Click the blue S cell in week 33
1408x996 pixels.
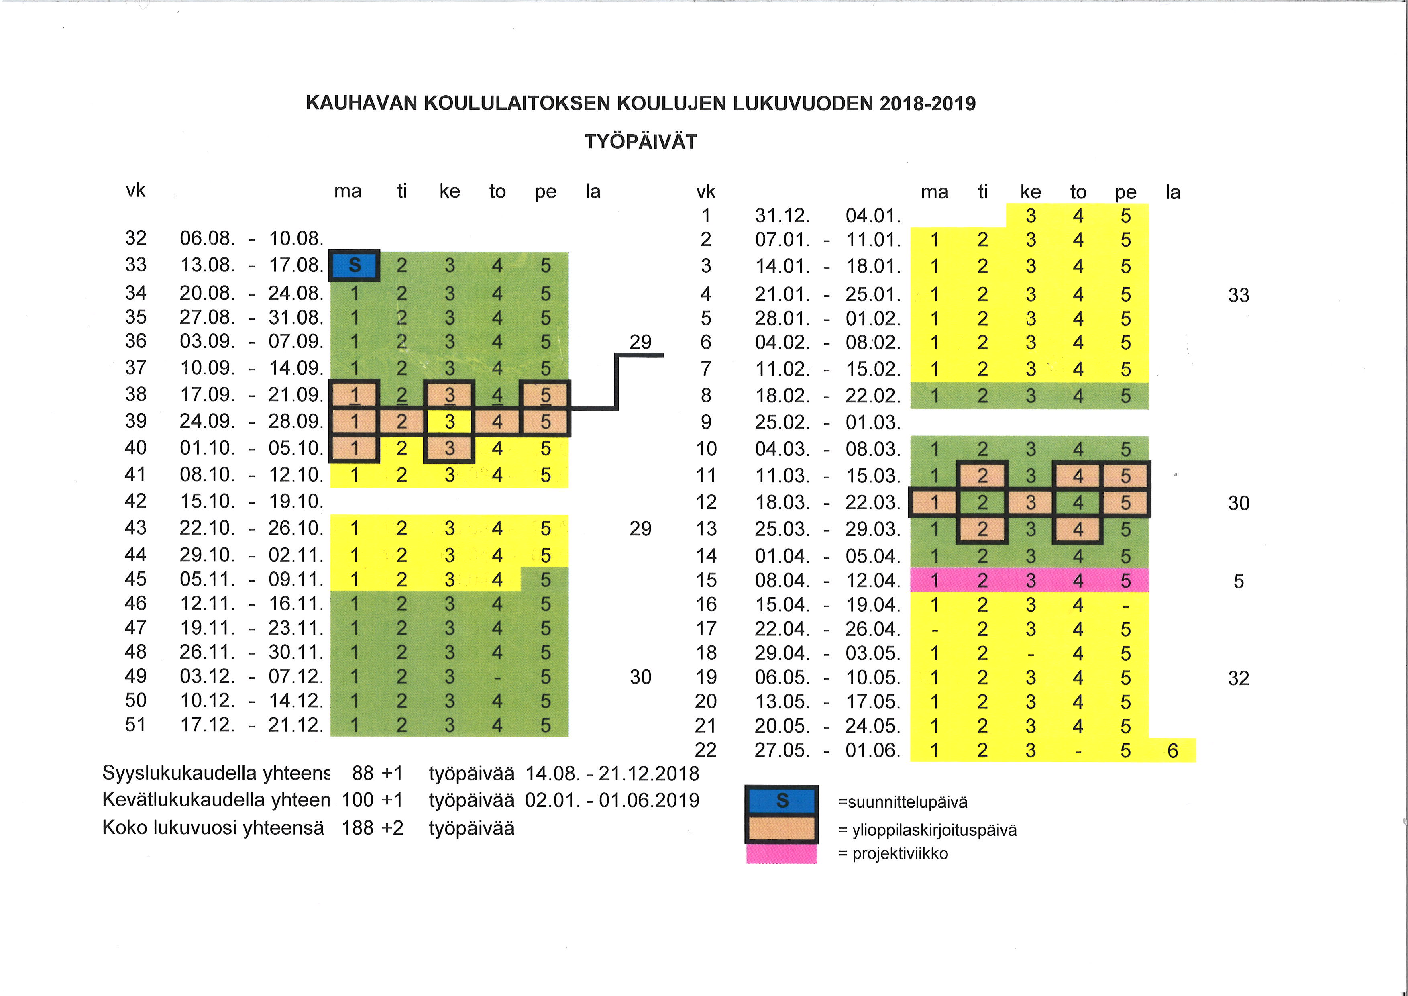pos(355,265)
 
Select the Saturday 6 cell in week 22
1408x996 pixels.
pos(1172,751)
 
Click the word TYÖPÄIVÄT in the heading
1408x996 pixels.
pos(641,142)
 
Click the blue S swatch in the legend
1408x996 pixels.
pos(782,801)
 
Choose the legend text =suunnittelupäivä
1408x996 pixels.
pos(902,802)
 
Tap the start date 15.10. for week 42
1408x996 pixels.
pos(207,502)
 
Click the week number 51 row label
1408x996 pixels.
pos(136,725)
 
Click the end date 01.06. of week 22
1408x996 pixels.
pos(873,751)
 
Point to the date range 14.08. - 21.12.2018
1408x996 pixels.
pos(612,774)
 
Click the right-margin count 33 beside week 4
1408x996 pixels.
pos(1238,296)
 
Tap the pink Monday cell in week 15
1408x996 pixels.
pos(935,581)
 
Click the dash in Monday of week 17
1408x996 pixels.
pos(935,630)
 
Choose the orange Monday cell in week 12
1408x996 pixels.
pos(935,503)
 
